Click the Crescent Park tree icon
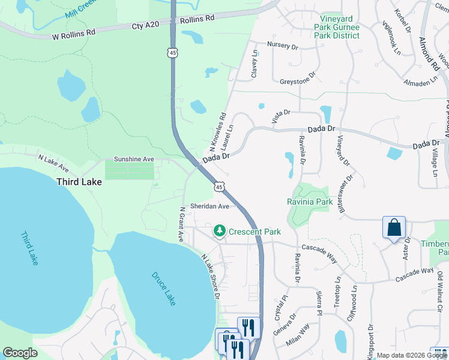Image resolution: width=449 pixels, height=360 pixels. pyautogui.click(x=220, y=231)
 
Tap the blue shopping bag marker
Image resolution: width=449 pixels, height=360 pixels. pyautogui.click(x=394, y=228)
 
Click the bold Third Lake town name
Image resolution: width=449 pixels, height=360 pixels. pyautogui.click(x=78, y=181)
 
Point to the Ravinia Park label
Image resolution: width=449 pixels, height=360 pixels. pyautogui.click(x=310, y=202)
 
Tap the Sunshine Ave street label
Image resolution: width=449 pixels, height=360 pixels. pyautogui.click(x=134, y=160)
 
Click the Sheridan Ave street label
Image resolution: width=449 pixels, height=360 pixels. pyautogui.click(x=210, y=206)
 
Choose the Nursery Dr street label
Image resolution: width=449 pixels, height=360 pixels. pyautogui.click(x=283, y=46)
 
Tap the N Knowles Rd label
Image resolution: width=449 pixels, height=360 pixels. pyautogui.click(x=217, y=133)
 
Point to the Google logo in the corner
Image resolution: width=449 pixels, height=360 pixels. pyautogui.click(x=20, y=352)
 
